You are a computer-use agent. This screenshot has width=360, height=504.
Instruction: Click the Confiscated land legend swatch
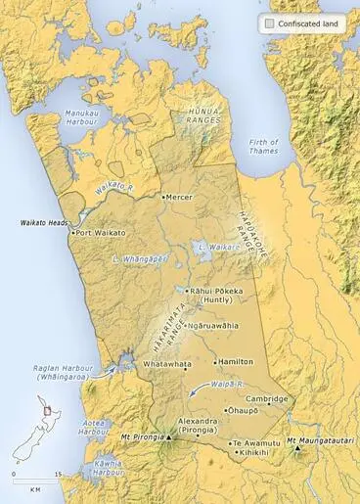[x=269, y=22]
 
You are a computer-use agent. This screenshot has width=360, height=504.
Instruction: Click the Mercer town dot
[x=164, y=197]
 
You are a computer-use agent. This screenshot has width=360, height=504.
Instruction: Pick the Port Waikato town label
[x=104, y=233]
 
